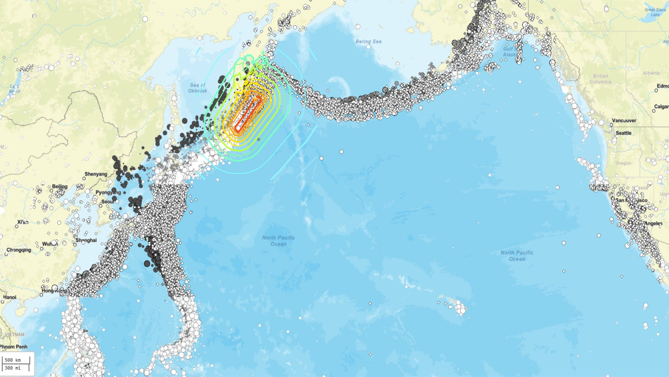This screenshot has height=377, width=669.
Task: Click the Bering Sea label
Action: click(x=368, y=41)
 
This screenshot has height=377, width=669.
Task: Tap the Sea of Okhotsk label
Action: click(x=197, y=88)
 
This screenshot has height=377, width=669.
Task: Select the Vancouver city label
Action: click(x=624, y=121)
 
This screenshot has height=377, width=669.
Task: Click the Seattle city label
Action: click(x=623, y=133)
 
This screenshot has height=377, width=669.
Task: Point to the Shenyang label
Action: click(x=96, y=174)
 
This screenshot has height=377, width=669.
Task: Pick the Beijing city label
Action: click(x=60, y=186)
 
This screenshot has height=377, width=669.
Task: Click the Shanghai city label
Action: click(x=86, y=240)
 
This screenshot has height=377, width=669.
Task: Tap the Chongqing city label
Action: click(x=19, y=250)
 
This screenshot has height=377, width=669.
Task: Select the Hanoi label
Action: click(x=10, y=297)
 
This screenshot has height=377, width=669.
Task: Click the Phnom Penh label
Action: click(x=13, y=346)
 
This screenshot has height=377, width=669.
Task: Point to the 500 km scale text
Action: click(x=13, y=360)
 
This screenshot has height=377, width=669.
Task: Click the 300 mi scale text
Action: click(x=13, y=368)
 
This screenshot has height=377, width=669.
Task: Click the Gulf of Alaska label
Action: click(x=509, y=52)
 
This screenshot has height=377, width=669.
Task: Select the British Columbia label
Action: click(x=600, y=79)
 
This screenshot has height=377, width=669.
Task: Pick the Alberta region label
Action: click(x=651, y=73)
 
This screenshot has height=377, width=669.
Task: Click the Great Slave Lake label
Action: click(x=655, y=12)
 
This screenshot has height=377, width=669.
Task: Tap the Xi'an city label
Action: click(x=23, y=222)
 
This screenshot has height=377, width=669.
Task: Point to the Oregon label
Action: click(x=623, y=163)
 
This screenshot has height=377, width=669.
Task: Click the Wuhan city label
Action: click(x=50, y=244)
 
